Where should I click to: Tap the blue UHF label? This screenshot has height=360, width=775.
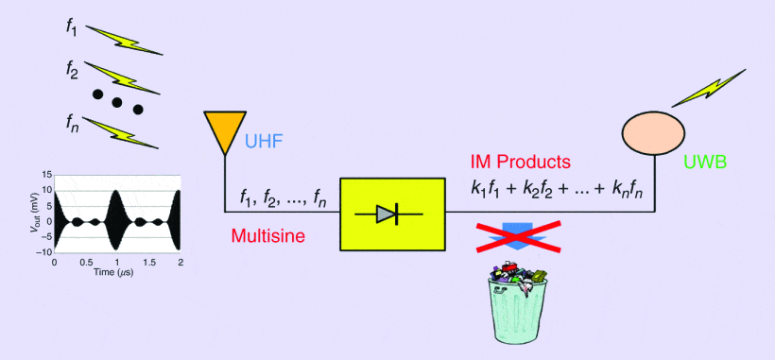(x=264, y=143)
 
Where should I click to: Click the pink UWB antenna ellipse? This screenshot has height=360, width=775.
(x=652, y=132)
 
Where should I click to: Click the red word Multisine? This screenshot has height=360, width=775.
(x=267, y=235)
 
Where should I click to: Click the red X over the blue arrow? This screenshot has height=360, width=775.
(x=519, y=236)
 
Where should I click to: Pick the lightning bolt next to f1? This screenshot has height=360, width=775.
(x=124, y=40)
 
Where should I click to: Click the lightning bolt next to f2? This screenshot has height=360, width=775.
(x=122, y=77)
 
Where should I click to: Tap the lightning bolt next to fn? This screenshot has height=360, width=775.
(x=120, y=132)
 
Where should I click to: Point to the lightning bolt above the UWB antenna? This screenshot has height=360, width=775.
(x=708, y=88)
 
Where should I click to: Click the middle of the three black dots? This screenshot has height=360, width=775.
(x=116, y=103)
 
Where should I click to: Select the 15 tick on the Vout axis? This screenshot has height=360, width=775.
(x=47, y=175)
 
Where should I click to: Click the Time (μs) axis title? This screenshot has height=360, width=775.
(x=117, y=272)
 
